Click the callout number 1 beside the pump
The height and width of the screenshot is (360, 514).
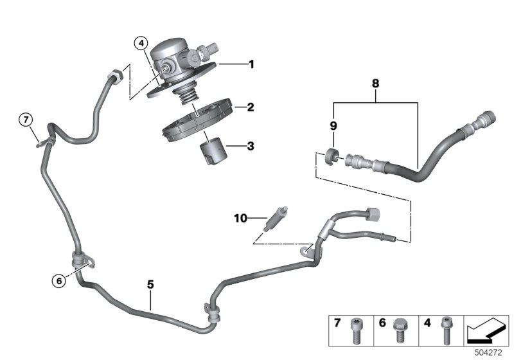251,64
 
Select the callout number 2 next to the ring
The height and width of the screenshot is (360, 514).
251,108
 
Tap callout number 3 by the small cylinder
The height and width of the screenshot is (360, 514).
251,147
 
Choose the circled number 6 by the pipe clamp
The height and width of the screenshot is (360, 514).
59,280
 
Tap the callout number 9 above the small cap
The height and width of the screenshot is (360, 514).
333,125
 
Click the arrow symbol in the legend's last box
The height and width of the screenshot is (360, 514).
485,330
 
